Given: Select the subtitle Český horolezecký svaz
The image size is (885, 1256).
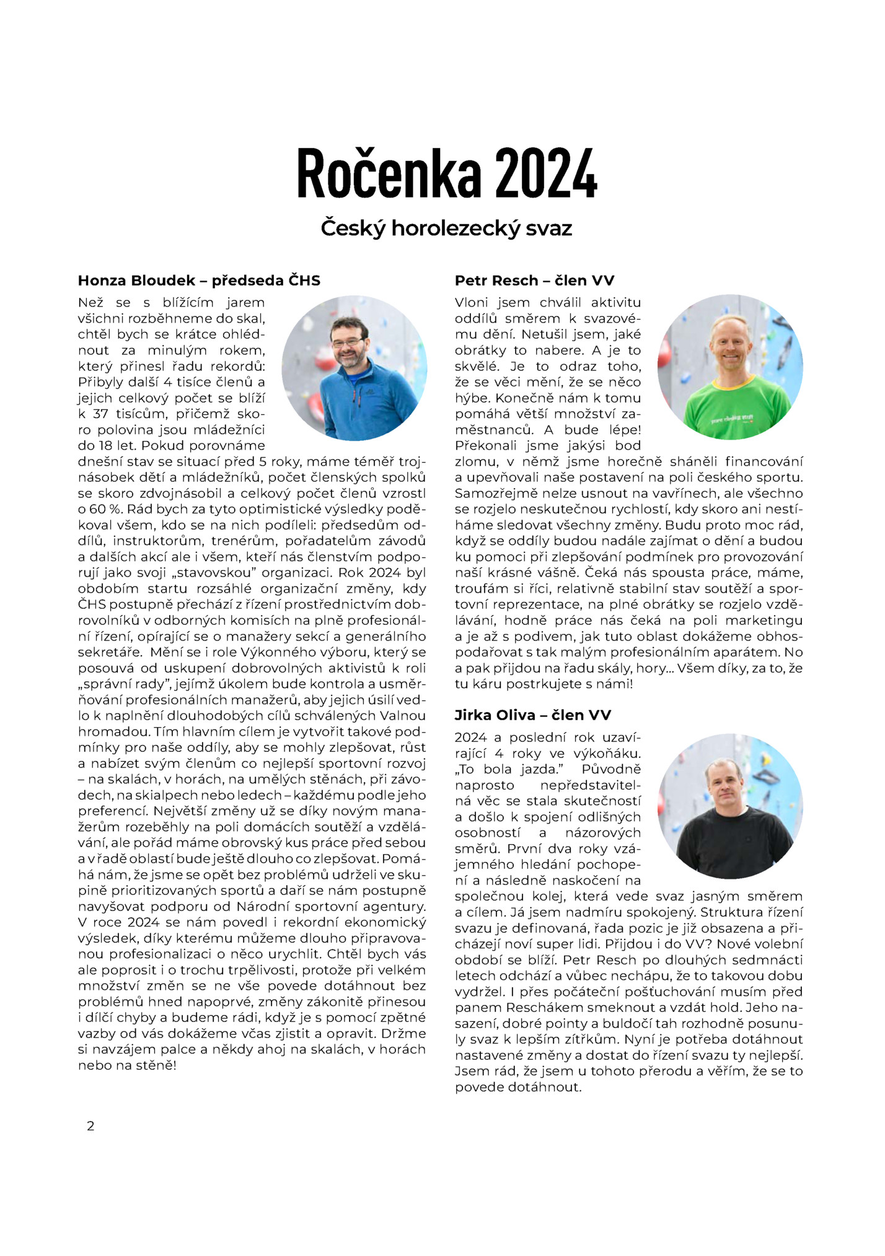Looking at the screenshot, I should (446, 229).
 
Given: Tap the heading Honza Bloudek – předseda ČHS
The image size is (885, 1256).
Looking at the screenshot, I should (199, 281).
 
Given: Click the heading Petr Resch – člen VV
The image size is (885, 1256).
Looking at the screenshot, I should (534, 281).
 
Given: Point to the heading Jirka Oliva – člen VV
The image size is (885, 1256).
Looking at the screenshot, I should (533, 715).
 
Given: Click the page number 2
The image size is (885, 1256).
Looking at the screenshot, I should (90, 1126).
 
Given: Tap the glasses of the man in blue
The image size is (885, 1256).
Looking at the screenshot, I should (347, 342).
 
